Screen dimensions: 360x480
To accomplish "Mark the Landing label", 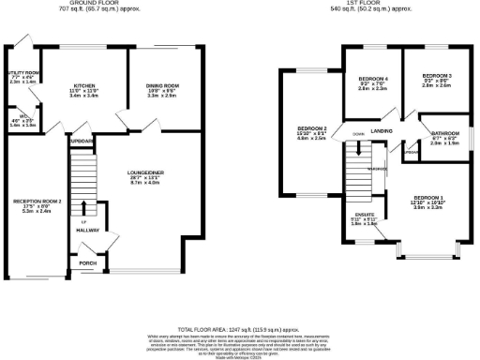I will point(381,130).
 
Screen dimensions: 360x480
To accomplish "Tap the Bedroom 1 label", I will point(428,198).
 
